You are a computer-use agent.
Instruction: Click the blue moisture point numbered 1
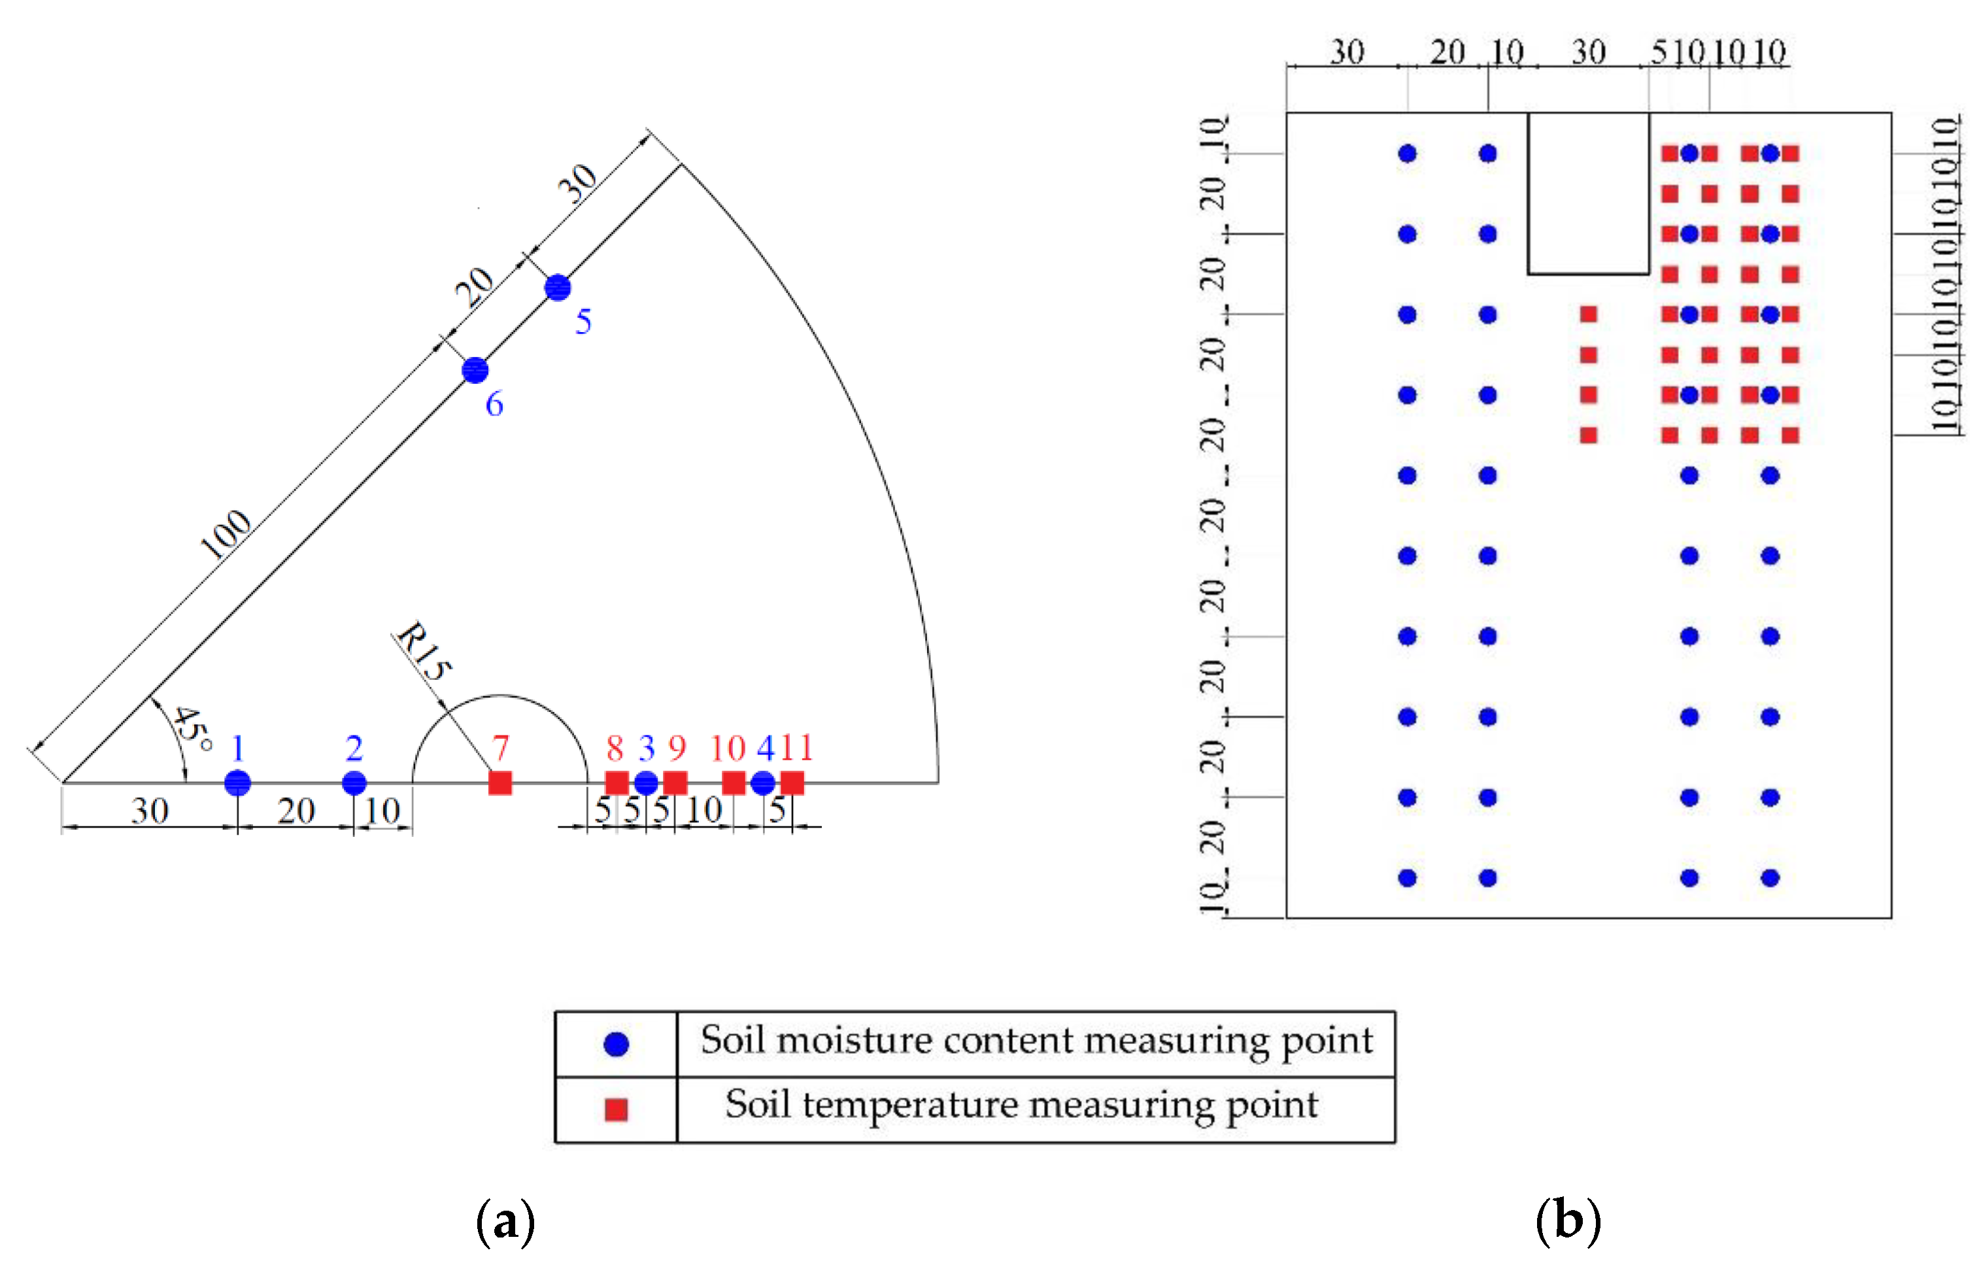pyautogui.click(x=237, y=783)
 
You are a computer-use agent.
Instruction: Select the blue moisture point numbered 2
pyautogui.click(x=354, y=783)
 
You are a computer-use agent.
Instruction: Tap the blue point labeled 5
pyautogui.click(x=558, y=288)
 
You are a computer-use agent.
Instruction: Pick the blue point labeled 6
pyautogui.click(x=475, y=370)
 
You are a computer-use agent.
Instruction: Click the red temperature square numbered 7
pyautogui.click(x=499, y=783)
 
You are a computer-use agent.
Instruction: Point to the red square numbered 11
pyautogui.click(x=792, y=783)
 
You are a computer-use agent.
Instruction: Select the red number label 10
pyautogui.click(x=727, y=748)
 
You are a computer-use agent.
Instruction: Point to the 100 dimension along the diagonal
pyautogui.click(x=226, y=533)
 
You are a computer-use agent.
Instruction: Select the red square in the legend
pyautogui.click(x=617, y=1109)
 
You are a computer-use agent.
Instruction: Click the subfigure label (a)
pyautogui.click(x=505, y=1222)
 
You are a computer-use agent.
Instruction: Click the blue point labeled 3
pyautogui.click(x=646, y=783)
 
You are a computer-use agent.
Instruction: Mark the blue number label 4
pyautogui.click(x=765, y=748)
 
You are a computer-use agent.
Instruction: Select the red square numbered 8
pyautogui.click(x=617, y=783)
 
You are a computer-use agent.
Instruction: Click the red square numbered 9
pyautogui.click(x=675, y=783)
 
